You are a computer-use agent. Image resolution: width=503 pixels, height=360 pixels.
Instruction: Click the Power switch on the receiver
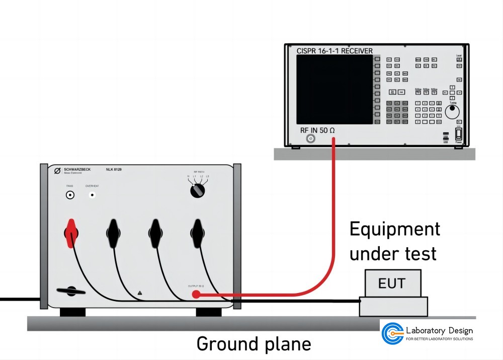(458, 133)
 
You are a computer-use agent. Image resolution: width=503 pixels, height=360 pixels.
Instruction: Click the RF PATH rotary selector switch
(197, 190)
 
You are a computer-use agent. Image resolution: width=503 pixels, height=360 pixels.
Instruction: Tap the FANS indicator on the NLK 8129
(70, 195)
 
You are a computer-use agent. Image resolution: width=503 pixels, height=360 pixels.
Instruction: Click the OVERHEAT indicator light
(92, 195)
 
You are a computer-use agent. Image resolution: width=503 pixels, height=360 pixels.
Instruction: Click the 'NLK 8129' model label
(114, 170)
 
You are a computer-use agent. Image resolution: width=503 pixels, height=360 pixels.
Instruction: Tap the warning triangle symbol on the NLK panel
(140, 292)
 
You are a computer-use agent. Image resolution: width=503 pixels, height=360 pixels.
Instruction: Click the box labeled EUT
(392, 283)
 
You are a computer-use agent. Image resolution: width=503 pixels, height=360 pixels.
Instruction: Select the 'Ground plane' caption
(254, 344)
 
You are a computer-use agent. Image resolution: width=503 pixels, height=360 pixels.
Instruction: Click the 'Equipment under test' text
(394, 241)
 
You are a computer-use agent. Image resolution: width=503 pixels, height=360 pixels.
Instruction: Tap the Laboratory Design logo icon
(392, 333)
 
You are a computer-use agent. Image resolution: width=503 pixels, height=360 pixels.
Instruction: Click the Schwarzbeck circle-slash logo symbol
(57, 171)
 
